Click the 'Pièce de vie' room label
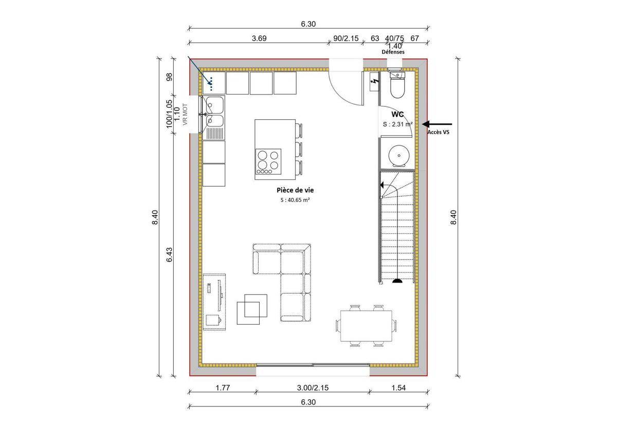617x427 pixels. pyautogui.click(x=295, y=190)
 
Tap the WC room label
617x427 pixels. pyautogui.click(x=397, y=114)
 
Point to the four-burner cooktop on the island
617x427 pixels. pyautogui.click(x=268, y=162)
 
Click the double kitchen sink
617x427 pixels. pyautogui.click(x=214, y=118)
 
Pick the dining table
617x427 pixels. pyautogui.click(x=366, y=326)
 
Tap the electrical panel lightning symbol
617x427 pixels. pyautogui.click(x=374, y=82)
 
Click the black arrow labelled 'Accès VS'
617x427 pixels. pyautogui.click(x=437, y=124)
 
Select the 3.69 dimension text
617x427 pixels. pyautogui.click(x=259, y=38)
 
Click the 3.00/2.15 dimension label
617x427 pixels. pyautogui.click(x=313, y=388)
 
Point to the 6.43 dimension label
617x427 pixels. pyautogui.click(x=169, y=255)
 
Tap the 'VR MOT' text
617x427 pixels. pyautogui.click(x=185, y=114)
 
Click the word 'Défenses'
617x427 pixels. pyautogui.click(x=393, y=52)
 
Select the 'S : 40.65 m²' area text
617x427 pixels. pyautogui.click(x=295, y=200)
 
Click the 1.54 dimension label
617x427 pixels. pyautogui.click(x=398, y=388)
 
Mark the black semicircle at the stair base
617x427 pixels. pyautogui.click(x=397, y=281)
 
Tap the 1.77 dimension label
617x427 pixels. pyautogui.click(x=222, y=388)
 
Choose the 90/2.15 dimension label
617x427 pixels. pyautogui.click(x=346, y=38)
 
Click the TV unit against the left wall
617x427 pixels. pyautogui.click(x=214, y=302)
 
